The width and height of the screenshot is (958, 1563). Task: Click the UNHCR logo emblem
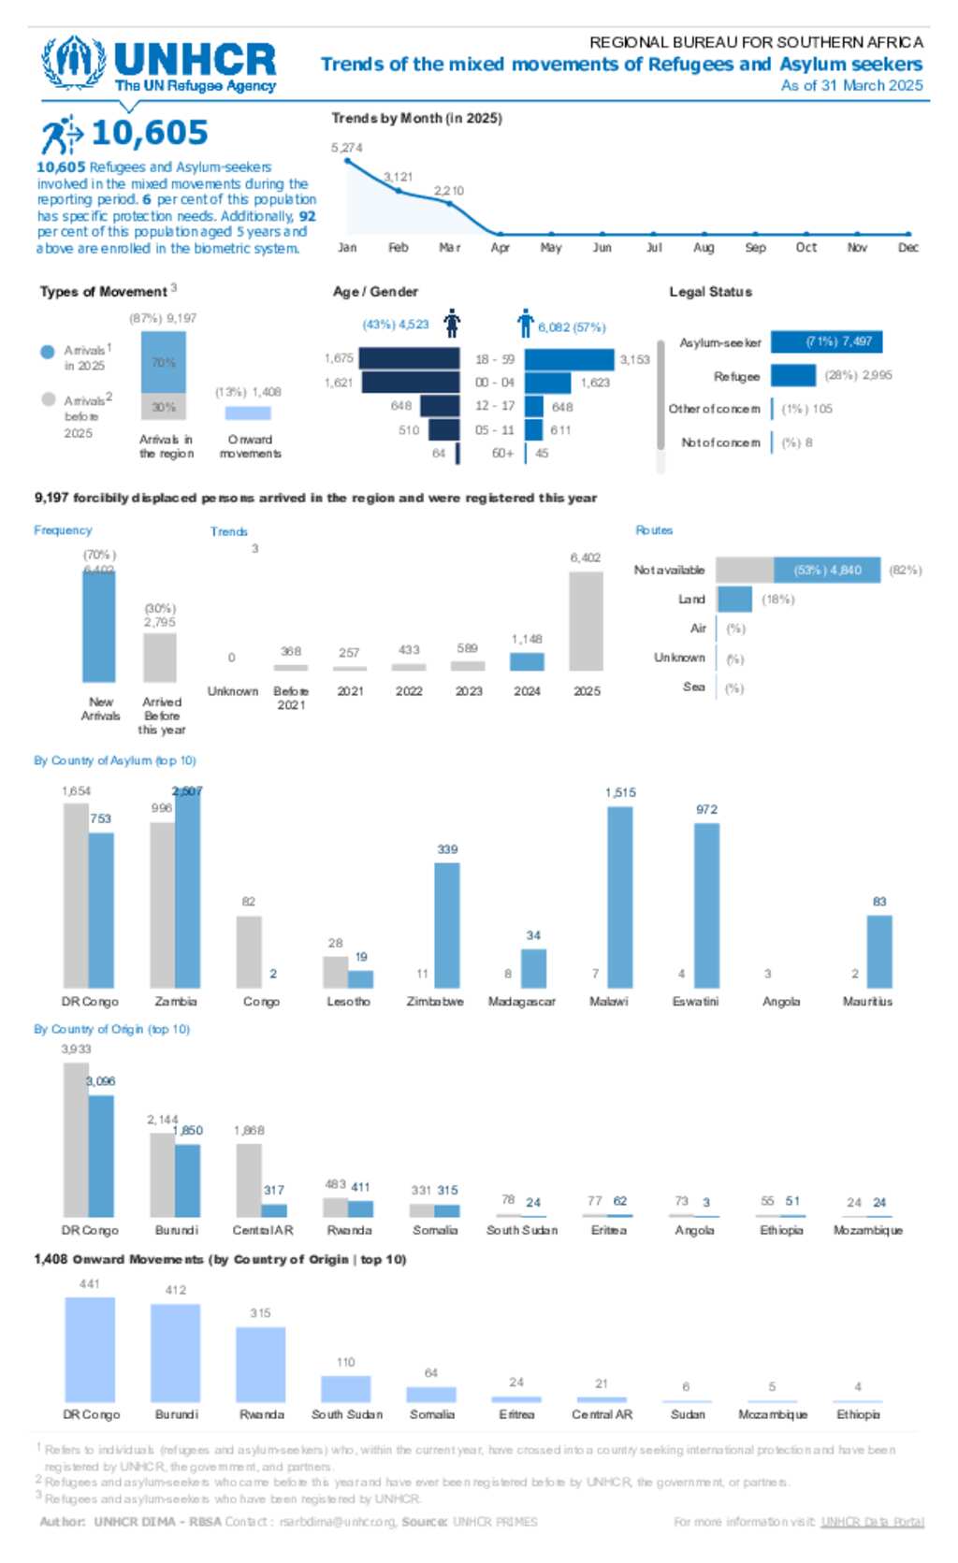(x=73, y=63)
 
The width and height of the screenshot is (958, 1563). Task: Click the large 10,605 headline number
(x=150, y=133)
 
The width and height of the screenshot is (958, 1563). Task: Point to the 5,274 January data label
(x=346, y=148)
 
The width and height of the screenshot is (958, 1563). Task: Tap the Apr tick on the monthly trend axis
(x=501, y=247)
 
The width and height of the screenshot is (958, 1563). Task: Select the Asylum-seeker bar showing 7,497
(x=826, y=341)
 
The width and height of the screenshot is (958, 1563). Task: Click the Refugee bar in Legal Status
(x=793, y=375)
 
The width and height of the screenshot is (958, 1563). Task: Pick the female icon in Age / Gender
(x=453, y=324)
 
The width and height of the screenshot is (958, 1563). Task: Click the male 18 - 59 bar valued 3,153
(x=569, y=359)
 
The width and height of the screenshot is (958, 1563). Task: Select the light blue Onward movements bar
(x=248, y=412)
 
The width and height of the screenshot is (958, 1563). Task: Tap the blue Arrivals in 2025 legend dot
(x=49, y=352)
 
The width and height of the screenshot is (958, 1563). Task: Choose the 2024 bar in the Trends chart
(x=527, y=661)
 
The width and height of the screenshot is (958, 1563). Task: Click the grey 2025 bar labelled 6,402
(x=586, y=621)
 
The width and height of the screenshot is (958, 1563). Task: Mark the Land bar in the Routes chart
(x=734, y=599)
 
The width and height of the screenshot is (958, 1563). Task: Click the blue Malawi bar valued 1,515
(x=619, y=896)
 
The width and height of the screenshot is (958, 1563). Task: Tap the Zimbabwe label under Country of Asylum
(x=435, y=1001)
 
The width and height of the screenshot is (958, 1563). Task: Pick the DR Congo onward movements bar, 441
(x=90, y=1348)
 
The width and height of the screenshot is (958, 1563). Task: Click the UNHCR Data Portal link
(x=872, y=1522)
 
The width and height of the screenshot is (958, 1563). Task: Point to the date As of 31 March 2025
(x=851, y=85)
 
